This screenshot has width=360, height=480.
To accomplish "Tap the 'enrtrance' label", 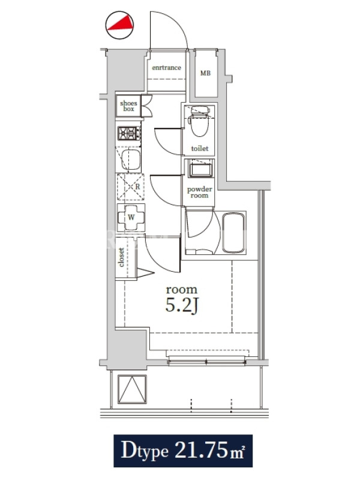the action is (x=167, y=68).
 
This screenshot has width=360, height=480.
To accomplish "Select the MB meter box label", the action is (x=205, y=73).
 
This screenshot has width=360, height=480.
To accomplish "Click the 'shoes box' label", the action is (x=128, y=106).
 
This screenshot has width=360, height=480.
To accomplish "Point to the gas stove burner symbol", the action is (x=129, y=133).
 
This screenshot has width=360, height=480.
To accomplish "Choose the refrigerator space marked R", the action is (x=131, y=187).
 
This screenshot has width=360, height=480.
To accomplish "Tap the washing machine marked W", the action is (x=131, y=217).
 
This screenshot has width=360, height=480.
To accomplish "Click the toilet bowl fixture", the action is (x=199, y=121).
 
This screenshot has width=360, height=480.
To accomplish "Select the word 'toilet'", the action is (x=200, y=148).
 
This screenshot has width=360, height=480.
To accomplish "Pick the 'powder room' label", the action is (x=200, y=192).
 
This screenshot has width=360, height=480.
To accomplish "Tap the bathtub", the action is (x=233, y=233).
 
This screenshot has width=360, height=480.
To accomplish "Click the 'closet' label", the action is (x=121, y=257).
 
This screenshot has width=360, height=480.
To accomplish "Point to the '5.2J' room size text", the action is (x=182, y=305).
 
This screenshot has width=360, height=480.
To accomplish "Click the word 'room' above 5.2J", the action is (x=182, y=290).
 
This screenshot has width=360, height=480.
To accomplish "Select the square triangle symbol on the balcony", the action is (x=132, y=389).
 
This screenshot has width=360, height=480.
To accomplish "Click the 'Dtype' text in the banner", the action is (x=145, y=451).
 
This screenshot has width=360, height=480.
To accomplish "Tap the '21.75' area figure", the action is (x=202, y=449).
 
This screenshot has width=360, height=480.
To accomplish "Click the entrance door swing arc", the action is (x=178, y=25).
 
